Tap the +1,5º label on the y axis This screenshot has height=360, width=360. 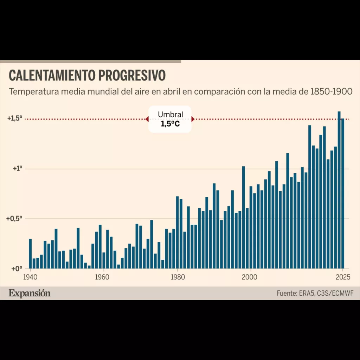pyautogui.click(x=15, y=118)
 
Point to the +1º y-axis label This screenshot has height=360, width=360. pyautogui.click(x=18, y=168)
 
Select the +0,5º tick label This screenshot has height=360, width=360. pyautogui.click(x=14, y=219)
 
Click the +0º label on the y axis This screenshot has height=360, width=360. pyautogui.click(x=17, y=268)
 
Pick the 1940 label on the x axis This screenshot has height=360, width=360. pyautogui.click(x=30, y=277)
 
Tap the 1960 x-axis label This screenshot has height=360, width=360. pyautogui.click(x=102, y=277)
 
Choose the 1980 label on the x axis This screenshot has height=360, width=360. pyautogui.click(x=178, y=277)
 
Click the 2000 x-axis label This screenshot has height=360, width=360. pyautogui.click(x=250, y=277)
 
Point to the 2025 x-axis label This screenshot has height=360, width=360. pyautogui.click(x=343, y=277)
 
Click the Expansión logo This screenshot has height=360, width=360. pyautogui.click(x=30, y=294)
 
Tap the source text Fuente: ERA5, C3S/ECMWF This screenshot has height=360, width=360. pyautogui.click(x=315, y=294)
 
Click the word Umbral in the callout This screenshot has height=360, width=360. pyautogui.click(x=171, y=114)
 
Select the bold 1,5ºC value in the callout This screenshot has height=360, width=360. pyautogui.click(x=171, y=124)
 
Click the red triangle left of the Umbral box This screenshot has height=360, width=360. pyautogui.click(x=147, y=119)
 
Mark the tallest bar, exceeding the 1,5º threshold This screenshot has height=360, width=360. pyautogui.click(x=339, y=190)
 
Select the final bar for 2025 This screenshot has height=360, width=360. pyautogui.click(x=342, y=194)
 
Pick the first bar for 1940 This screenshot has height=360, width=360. pyautogui.click(x=30, y=254)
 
